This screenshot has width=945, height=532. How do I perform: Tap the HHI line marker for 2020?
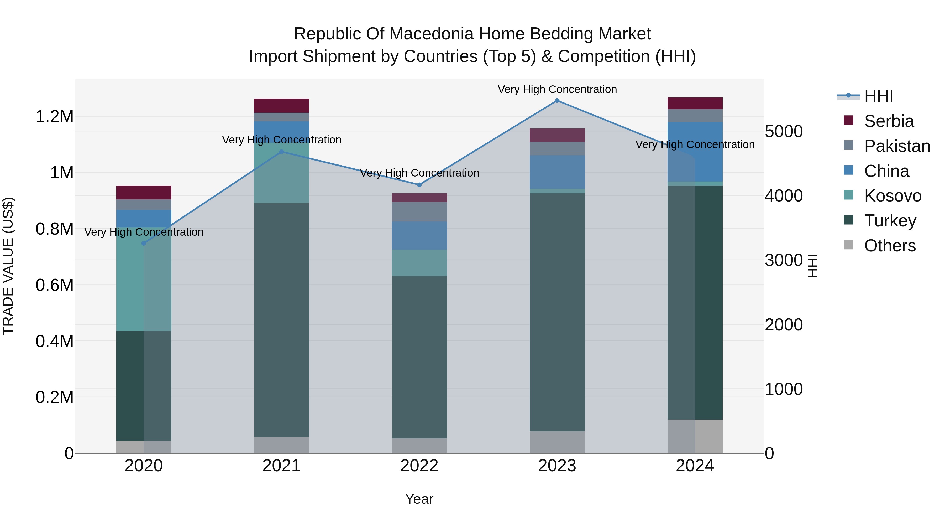(x=144, y=244)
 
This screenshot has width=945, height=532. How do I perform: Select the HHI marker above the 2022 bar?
(x=419, y=185)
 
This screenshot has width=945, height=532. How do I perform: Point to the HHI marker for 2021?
(x=281, y=152)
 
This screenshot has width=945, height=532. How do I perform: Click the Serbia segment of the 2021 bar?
(x=281, y=106)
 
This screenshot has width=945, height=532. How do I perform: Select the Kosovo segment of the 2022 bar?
(x=419, y=263)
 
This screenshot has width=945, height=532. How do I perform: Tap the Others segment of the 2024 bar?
(x=695, y=436)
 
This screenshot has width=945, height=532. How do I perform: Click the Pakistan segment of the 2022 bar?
(x=419, y=211)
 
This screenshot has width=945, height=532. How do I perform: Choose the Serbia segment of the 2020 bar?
(x=144, y=192)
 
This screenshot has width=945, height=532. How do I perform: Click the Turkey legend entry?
(x=890, y=221)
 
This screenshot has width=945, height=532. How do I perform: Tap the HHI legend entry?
(x=879, y=96)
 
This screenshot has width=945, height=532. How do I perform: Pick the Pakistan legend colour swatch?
(x=848, y=145)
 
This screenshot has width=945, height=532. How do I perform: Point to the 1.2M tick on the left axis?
(x=54, y=117)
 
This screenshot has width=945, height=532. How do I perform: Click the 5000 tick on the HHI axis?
(x=784, y=131)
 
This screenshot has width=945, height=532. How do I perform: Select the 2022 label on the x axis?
(x=419, y=466)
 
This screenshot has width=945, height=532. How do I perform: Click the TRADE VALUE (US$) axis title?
(x=8, y=266)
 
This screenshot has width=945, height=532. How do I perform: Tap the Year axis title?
(x=419, y=499)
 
